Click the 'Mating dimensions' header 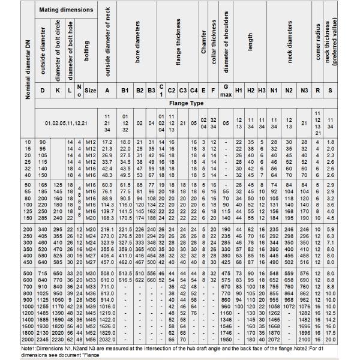tap(66, 10)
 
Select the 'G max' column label tap(226, 91)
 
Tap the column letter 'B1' tap(125, 91)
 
